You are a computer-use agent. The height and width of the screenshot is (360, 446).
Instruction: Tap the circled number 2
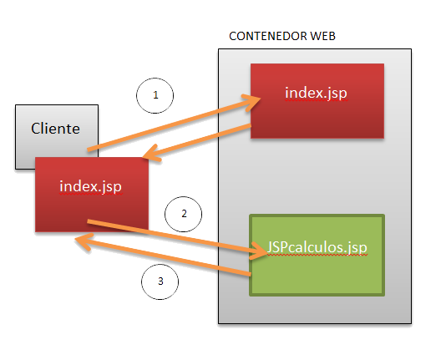pyautogui.click(x=184, y=213)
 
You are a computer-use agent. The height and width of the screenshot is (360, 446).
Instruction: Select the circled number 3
pyautogui.click(x=160, y=281)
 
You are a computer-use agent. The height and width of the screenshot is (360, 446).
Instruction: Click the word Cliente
pyautogui.click(x=55, y=128)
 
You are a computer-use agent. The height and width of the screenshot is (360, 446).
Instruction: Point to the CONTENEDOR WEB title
pyautogui.click(x=281, y=37)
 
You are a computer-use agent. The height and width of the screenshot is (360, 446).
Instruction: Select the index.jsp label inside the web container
pyautogui.click(x=316, y=92)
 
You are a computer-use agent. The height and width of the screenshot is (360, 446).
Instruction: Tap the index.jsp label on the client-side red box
pyautogui.click(x=90, y=186)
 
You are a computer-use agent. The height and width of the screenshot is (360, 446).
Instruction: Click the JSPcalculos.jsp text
pyautogui.click(x=317, y=248)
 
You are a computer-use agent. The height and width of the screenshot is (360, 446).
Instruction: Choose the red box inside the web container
pyautogui.click(x=317, y=117)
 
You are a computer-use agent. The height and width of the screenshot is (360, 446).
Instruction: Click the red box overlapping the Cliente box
pyautogui.click(x=90, y=209)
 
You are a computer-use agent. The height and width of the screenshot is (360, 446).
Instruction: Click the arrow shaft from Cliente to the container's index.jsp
pyautogui.click(x=167, y=125)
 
